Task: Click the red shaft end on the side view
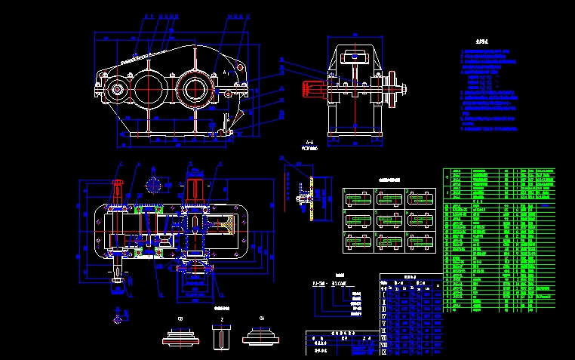312,88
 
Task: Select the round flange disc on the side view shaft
392,89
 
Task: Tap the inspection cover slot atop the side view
353,57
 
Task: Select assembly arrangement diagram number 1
358,198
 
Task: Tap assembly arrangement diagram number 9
420,242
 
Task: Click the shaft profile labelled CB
180,337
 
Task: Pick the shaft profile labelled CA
261,337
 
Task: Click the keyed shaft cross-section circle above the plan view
155,183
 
